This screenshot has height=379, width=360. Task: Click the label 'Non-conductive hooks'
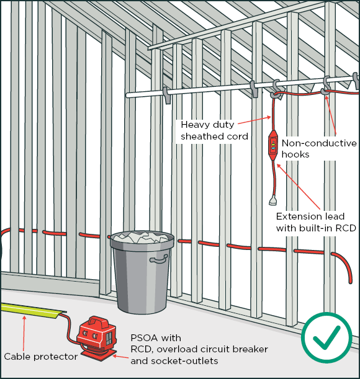[x=319, y=149]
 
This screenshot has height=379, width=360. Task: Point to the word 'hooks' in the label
[x=295, y=154]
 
